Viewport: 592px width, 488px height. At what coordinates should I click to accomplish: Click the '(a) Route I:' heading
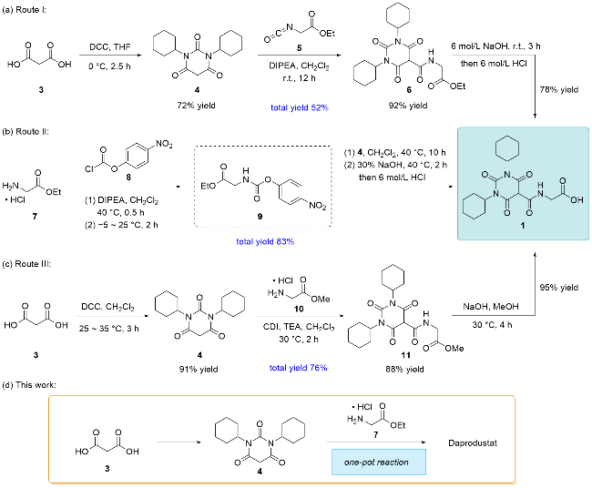[x=25, y=10]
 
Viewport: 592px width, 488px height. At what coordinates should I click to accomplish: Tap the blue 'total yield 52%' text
[x=300, y=107]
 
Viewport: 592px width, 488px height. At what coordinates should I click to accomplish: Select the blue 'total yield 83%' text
[x=265, y=241]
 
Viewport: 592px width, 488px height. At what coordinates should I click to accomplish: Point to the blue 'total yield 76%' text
[x=298, y=368]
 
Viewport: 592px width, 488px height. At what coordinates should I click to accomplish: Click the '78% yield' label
[x=559, y=90]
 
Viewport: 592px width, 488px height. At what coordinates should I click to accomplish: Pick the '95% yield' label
[x=559, y=288]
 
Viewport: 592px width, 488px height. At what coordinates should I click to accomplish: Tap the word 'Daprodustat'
[x=473, y=442]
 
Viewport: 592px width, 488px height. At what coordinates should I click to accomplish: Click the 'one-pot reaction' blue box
[x=379, y=462]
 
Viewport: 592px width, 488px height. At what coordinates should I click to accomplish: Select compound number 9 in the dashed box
[x=260, y=217]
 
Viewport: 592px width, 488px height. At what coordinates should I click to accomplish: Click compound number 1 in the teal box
[x=523, y=225]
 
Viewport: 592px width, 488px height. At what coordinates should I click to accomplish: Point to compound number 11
[x=405, y=355]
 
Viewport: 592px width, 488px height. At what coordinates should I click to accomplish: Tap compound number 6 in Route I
[x=409, y=90]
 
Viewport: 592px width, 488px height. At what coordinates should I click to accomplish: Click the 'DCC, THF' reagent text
[x=110, y=47]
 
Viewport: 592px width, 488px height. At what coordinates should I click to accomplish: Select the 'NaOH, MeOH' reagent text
[x=491, y=307]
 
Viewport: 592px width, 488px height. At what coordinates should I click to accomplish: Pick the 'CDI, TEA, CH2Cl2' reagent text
[x=299, y=327]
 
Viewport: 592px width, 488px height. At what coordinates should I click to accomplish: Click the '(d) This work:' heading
[x=29, y=385]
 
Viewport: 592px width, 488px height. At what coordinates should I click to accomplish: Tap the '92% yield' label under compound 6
[x=408, y=106]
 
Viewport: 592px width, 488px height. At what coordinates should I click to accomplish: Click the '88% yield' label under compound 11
[x=404, y=369]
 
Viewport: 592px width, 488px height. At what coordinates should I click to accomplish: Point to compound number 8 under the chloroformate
[x=128, y=177]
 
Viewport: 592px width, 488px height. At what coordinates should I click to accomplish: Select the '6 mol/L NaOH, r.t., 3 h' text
[x=495, y=46]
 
